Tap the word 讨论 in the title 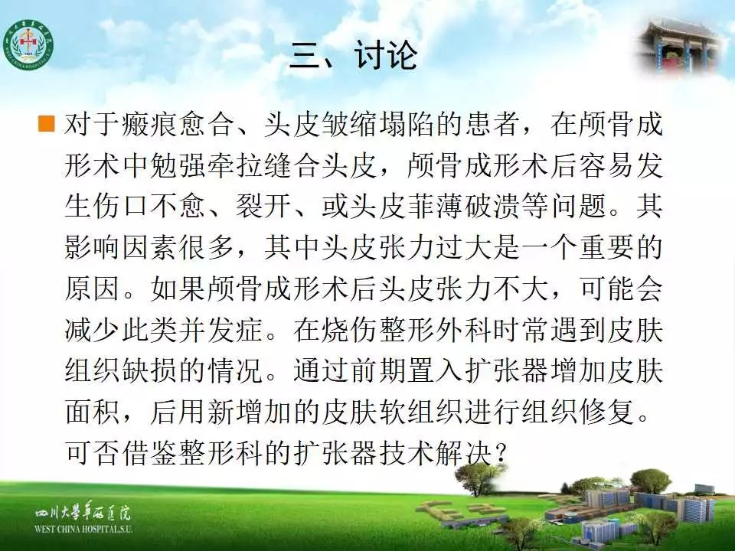(x=385, y=55)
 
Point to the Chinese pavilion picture (x=682, y=45)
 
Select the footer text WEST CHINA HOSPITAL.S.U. (x=84, y=529)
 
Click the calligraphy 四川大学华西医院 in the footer (x=83, y=513)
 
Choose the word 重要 (x=606, y=247)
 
